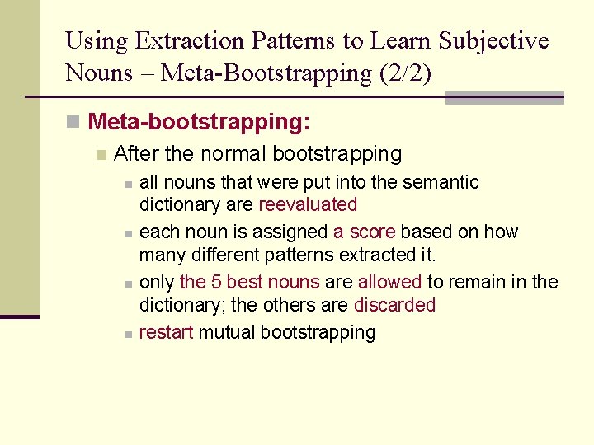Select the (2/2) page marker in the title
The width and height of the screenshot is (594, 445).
tap(405, 73)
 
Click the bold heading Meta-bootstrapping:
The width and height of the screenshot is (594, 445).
tap(199, 123)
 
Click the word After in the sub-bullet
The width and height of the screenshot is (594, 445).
tap(136, 153)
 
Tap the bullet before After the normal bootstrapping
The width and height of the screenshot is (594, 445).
tap(101, 154)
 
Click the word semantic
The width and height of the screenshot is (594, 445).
tap(441, 182)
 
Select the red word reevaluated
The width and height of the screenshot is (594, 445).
tap(308, 204)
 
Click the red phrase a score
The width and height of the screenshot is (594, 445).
tap(364, 232)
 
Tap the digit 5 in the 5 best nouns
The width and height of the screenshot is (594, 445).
tap(216, 282)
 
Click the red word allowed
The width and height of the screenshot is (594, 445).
tap(389, 282)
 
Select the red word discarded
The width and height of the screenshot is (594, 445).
tap(394, 305)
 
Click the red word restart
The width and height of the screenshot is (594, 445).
tap(166, 332)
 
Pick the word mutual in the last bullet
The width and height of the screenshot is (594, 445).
tap(226, 332)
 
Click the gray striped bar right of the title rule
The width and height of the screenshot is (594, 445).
tap(504, 97)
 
